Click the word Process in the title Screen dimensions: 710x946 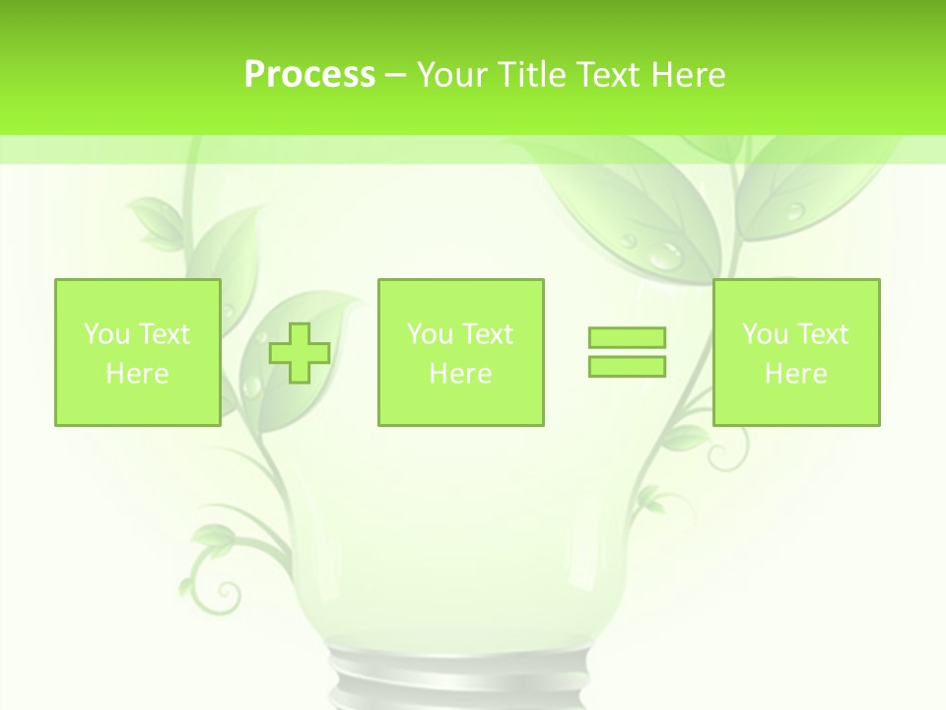coord(309,75)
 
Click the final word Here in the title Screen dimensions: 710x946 coord(689,75)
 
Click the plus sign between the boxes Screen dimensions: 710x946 coord(300,353)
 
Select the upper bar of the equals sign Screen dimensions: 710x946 coord(627,338)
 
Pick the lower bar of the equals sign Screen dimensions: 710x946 coord(627,366)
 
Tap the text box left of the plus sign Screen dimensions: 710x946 coord(138,353)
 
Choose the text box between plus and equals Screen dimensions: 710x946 coord(460,353)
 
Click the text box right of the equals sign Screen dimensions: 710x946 coord(796,353)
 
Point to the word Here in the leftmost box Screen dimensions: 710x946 coord(137,374)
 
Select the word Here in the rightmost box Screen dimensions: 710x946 coord(796,374)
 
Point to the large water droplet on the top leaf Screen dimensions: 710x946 coord(667,254)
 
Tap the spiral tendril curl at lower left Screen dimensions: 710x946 coord(226,595)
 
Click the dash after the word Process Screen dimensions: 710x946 coord(396,75)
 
